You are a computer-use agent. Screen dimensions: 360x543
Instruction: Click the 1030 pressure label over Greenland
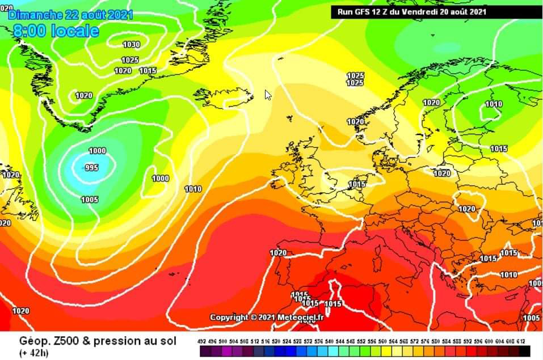(131, 44)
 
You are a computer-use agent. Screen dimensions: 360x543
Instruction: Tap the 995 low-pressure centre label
(91, 168)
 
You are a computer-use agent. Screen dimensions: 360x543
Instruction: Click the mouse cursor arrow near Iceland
(268, 95)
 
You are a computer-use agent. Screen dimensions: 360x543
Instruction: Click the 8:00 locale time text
(56, 31)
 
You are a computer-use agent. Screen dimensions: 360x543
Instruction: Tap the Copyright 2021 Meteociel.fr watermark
(267, 317)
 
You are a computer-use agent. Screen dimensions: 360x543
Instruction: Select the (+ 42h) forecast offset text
(34, 353)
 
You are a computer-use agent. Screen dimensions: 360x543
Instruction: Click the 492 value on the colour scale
(202, 341)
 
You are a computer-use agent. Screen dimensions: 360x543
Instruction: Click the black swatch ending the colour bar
(524, 351)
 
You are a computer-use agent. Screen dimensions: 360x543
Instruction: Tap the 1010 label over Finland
(494, 104)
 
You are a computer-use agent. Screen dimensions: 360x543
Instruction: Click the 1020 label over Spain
(278, 253)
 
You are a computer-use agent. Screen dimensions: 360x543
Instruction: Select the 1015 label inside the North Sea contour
(357, 184)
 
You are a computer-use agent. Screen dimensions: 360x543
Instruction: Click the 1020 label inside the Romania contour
(467, 209)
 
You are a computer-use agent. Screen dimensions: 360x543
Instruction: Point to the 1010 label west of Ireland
(193, 189)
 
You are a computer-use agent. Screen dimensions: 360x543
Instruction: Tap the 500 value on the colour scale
(222, 341)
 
